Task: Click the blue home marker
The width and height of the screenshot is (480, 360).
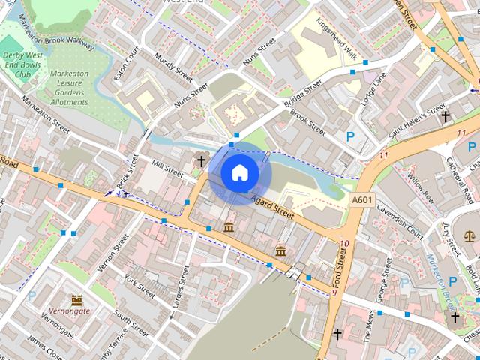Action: point(239,173)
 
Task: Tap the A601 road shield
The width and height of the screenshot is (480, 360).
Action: point(361,200)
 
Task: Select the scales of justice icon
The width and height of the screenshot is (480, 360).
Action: point(469,235)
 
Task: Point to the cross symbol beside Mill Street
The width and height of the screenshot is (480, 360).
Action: point(201,160)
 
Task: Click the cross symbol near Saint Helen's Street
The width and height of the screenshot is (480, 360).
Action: point(445,117)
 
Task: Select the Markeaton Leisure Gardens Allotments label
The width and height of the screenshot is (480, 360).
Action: point(70,87)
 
